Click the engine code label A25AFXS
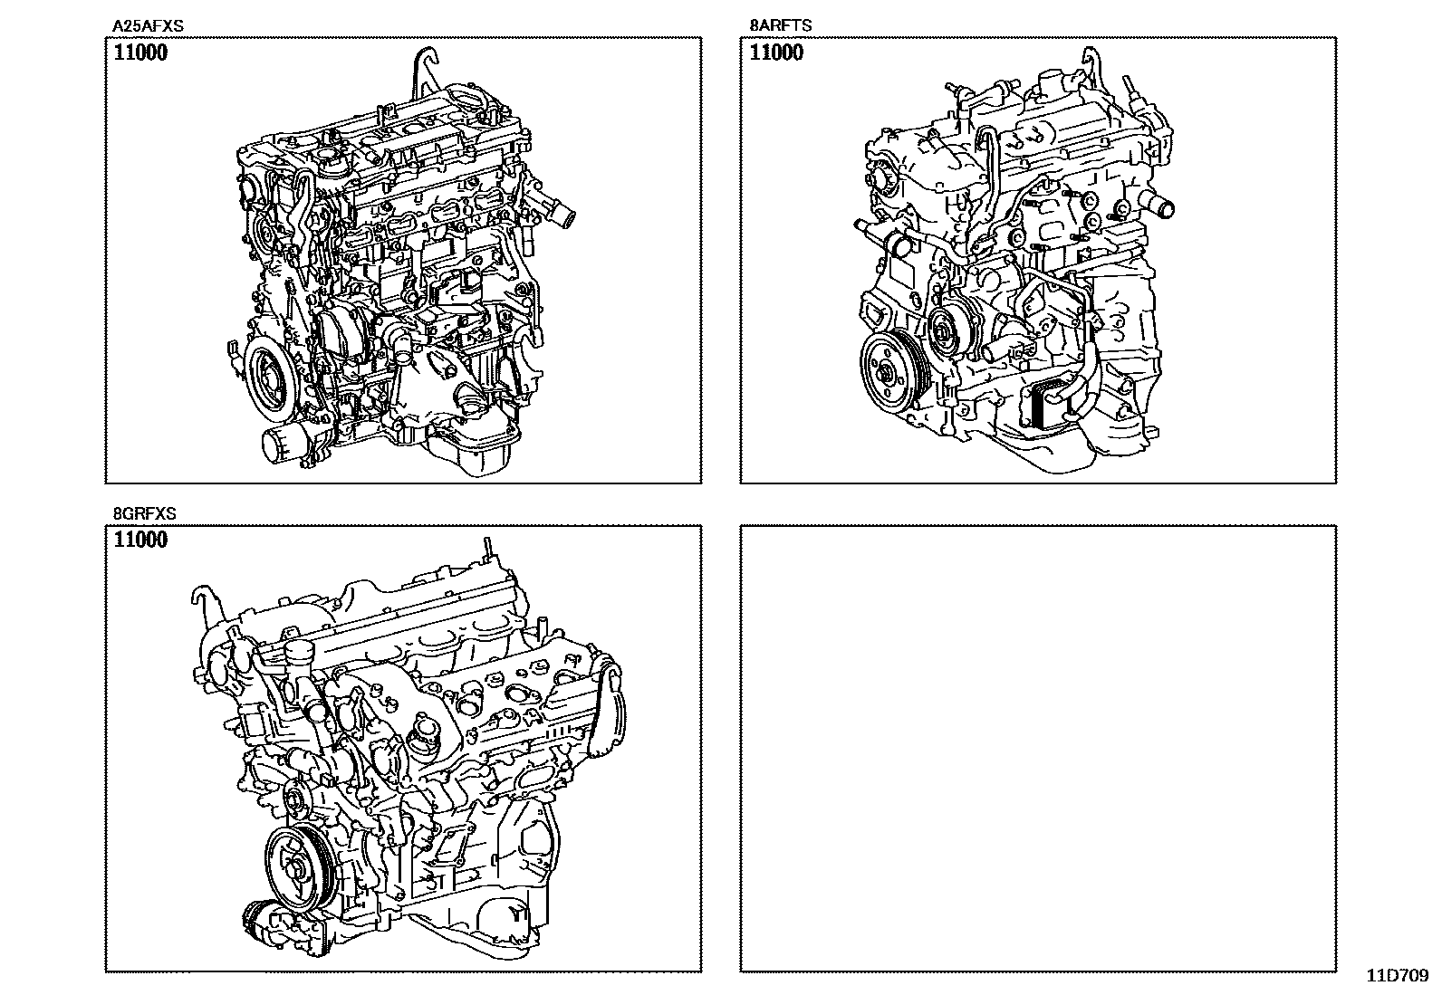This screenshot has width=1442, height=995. pos(147,26)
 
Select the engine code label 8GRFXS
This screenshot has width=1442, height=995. pos(144,513)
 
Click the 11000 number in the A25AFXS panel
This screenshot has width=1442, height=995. pos(140,53)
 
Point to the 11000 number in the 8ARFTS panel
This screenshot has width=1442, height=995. pos(776,53)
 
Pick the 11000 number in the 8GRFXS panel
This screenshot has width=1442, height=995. pos(140,541)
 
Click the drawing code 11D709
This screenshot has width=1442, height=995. pos(1397,976)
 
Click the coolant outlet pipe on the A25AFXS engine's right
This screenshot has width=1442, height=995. pos(564,217)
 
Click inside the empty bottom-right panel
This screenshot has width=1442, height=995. pos(1037,747)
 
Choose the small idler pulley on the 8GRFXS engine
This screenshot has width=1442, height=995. pos(293,800)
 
